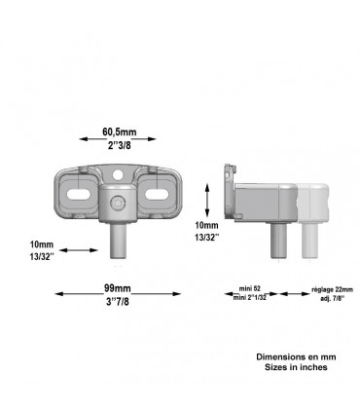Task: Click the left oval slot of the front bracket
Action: (83, 194)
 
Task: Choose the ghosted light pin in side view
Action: (311, 240)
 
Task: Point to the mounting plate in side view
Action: (227, 192)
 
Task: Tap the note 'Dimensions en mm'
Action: (293, 357)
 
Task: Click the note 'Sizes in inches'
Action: (293, 368)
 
